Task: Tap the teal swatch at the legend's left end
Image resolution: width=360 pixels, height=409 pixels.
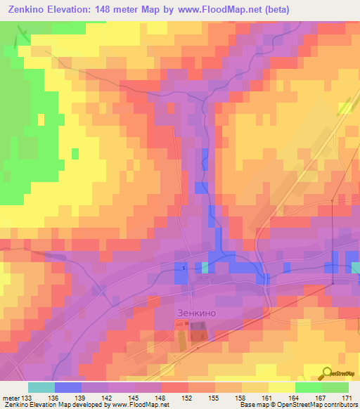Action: pos(41,387)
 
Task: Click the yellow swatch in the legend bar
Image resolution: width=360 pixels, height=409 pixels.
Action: pos(281,387)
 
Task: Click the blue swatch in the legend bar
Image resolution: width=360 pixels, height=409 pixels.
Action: pos(68,387)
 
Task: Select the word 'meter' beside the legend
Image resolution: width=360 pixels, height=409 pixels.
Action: pos(10,398)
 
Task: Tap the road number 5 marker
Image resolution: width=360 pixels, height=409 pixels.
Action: pos(184,268)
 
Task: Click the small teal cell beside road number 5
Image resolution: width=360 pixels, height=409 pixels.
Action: pos(205,268)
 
